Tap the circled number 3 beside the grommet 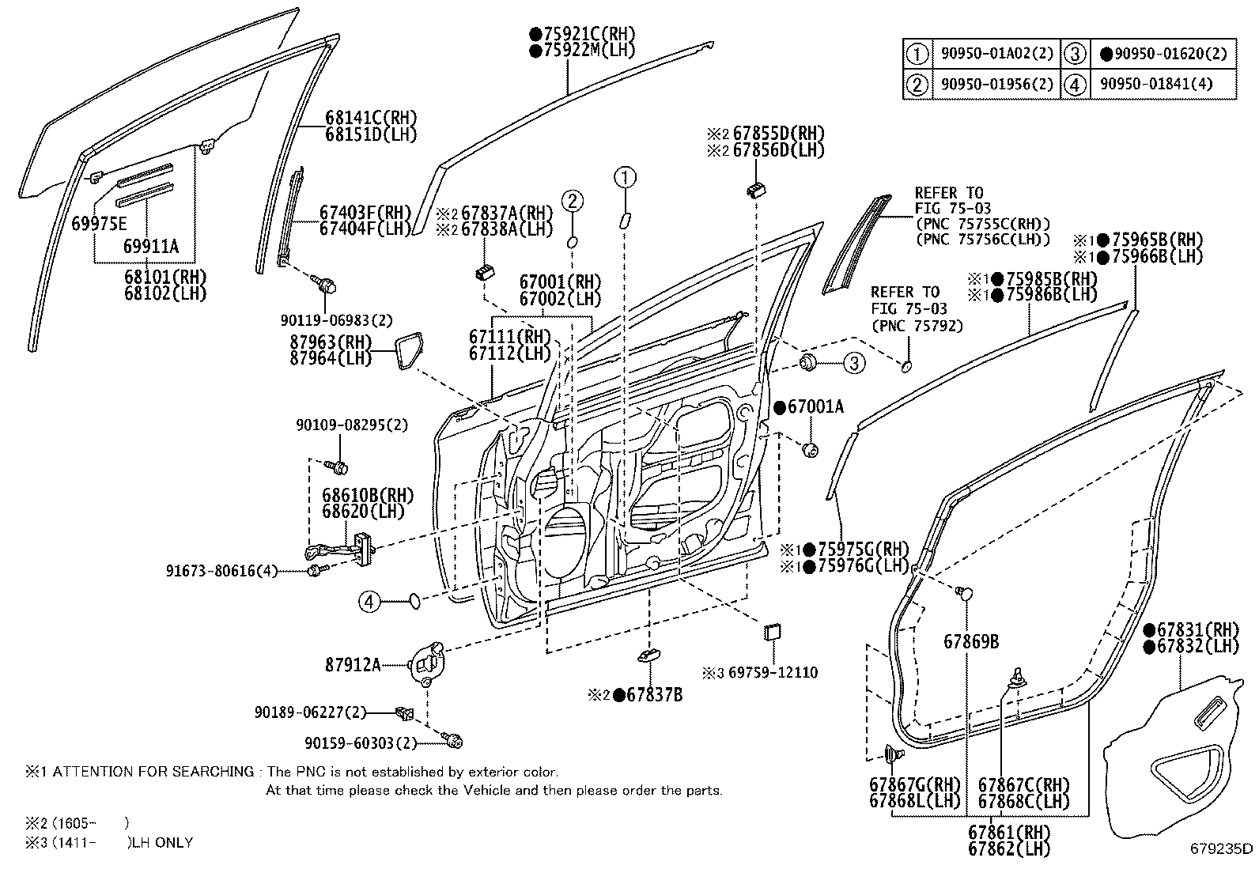pos(853,363)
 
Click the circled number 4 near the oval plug pos(369,603)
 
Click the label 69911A pos(151,247)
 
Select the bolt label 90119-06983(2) pos(336,320)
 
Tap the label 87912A pos(353,665)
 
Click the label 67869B pos(970,641)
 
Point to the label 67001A pos(815,407)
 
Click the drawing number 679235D pos(1221,849)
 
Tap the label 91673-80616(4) pos(222,570)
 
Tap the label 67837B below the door pos(653,695)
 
